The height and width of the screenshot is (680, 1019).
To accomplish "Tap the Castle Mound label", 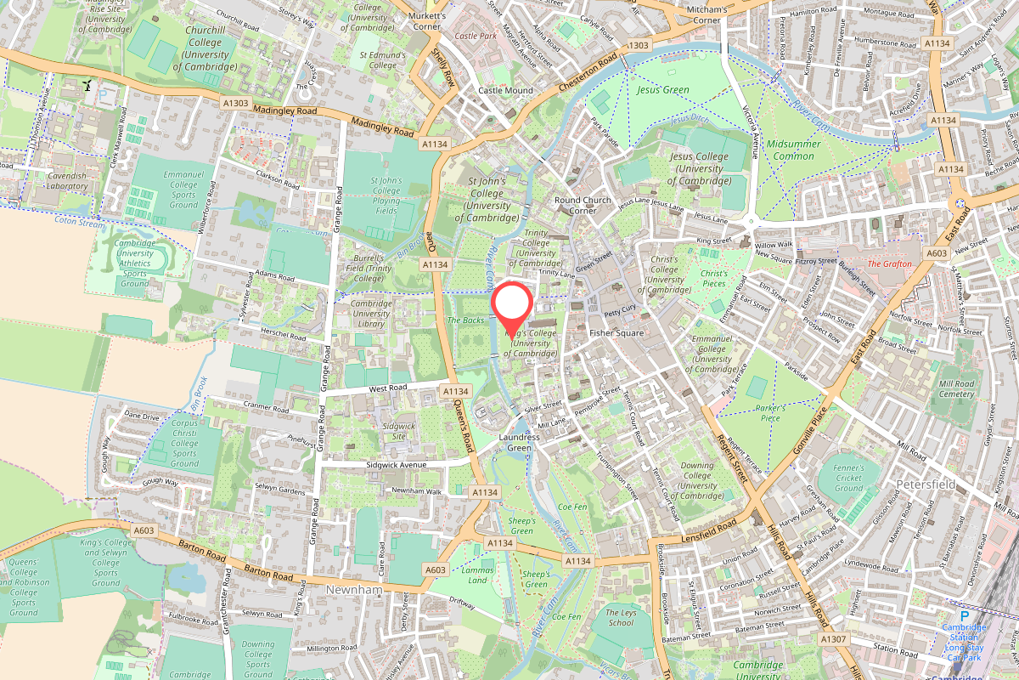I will pos(505,90).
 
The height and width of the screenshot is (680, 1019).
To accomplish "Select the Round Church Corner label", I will pos(583,205).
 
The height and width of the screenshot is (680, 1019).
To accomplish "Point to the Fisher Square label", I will pos(616,333).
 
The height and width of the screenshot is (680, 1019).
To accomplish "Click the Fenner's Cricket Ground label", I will pos(848,478).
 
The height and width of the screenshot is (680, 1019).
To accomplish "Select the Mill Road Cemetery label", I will pos(956,388).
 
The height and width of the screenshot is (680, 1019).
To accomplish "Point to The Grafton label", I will pos(889,263).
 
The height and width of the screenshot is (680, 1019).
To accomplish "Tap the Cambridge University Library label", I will pos(371,314).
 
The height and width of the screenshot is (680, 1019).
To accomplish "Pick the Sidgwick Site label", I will pos(399,431).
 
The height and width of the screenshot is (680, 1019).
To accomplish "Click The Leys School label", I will pos(621,617).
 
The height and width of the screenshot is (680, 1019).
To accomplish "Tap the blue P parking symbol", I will pos(964,616).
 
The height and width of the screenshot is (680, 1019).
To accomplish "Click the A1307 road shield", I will pos(834,637).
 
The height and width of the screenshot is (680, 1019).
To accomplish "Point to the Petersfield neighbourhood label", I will pos(926,484).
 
